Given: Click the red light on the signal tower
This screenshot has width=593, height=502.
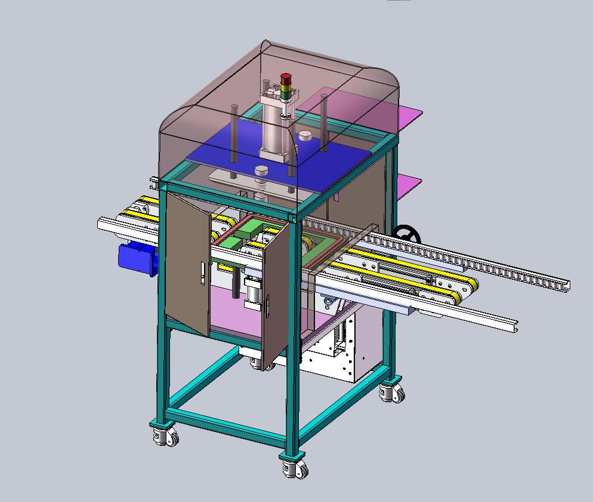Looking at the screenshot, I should [286, 79].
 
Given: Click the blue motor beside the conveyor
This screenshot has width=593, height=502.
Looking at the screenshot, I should [137, 256].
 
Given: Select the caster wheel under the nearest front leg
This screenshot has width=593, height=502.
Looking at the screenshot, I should [294, 466].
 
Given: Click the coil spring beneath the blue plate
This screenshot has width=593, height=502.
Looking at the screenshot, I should [260, 192].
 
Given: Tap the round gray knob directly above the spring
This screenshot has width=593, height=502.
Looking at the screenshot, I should [261, 172].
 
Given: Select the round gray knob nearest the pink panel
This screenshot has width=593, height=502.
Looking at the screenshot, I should [305, 134].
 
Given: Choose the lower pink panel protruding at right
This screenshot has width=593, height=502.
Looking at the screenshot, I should [408, 183].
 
